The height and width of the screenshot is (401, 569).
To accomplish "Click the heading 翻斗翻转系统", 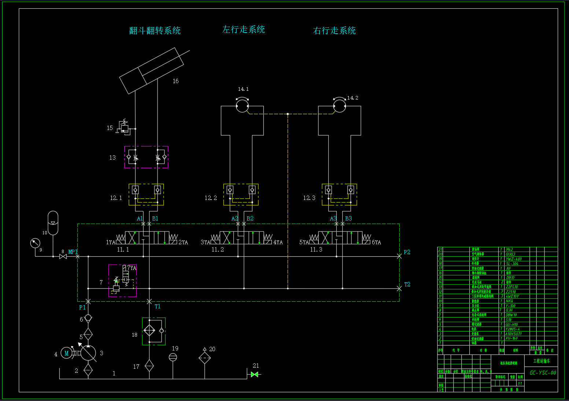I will pos(155,30).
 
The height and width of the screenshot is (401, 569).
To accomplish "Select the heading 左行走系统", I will pos(244,29).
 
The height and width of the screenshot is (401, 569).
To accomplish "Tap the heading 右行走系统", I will pos(334,30).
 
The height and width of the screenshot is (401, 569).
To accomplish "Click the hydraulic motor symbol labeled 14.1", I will pos(242,106).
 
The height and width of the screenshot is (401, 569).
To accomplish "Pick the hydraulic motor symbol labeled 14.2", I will pos(340,106).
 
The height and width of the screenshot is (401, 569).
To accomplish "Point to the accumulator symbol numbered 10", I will pos(53,223).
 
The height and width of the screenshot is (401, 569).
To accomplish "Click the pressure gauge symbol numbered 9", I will pos(35,243).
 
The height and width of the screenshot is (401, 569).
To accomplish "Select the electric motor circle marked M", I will pos(67,353).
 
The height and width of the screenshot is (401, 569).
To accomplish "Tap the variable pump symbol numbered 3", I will pos(88,353).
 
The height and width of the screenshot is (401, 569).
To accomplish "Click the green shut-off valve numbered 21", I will pos(255,374).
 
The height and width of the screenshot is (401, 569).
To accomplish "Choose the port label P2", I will pos(407,252).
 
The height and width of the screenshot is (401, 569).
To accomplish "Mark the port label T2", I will pos(407,284).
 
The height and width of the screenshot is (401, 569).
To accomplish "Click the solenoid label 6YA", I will pos(376,242).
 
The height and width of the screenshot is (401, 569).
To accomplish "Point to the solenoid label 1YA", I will pos(111,242).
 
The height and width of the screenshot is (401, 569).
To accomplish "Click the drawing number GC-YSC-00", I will pos(543,373).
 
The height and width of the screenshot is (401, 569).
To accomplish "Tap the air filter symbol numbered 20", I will pos(204,357).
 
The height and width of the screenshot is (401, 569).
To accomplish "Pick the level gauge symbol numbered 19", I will pos(173,357).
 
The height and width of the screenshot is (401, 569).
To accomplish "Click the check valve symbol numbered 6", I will pos(88,318).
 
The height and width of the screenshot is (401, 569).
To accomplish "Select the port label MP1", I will pos(73,252).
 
